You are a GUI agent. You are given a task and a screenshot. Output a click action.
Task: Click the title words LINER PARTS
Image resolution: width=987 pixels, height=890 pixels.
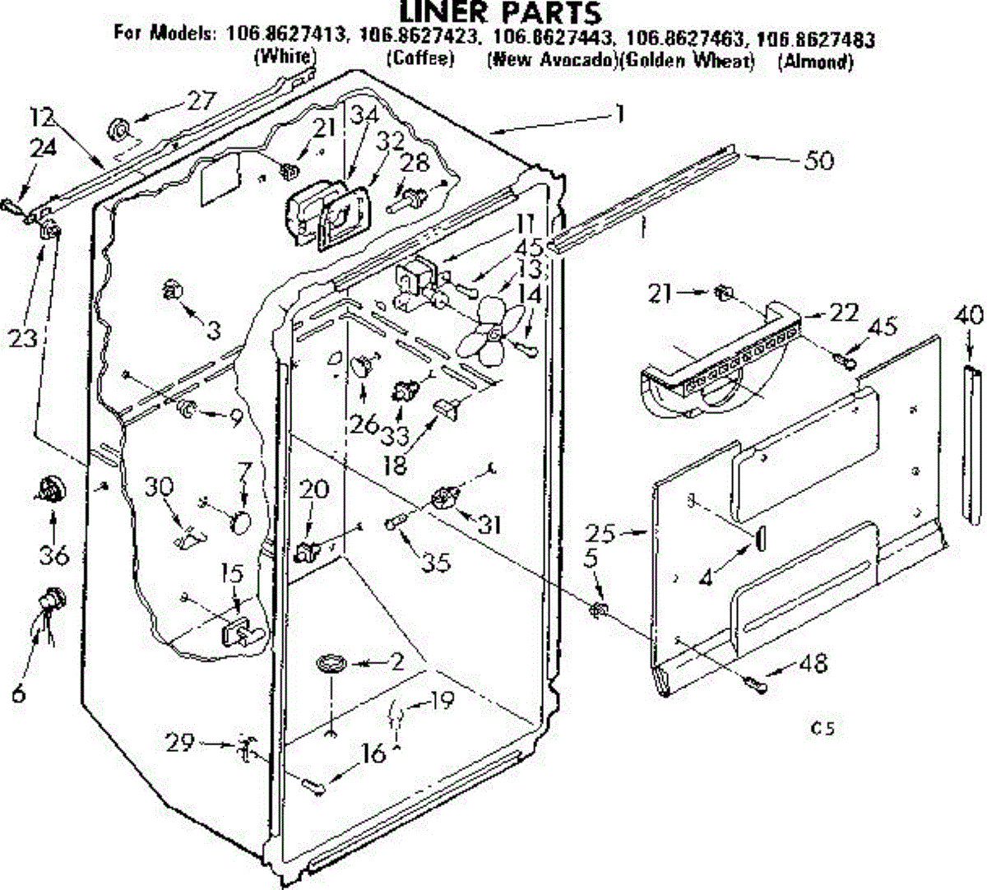point(500,13)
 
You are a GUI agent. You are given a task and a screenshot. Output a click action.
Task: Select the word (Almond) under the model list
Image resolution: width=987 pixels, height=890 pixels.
point(815,61)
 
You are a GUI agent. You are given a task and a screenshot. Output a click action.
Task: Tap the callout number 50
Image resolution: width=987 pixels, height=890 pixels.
point(818,160)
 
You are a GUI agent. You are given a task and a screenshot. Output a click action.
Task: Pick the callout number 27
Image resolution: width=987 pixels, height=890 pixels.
point(200,100)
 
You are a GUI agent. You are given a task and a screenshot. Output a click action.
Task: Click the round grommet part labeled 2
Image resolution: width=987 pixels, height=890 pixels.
point(333,663)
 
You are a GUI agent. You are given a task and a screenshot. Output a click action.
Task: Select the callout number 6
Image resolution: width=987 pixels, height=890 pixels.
point(18,693)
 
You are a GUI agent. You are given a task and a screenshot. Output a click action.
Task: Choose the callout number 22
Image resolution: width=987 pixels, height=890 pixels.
point(843,312)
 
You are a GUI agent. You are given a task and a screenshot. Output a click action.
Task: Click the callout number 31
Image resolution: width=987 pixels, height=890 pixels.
point(489,523)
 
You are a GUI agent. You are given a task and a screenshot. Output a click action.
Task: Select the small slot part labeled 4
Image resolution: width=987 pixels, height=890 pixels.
point(758,537)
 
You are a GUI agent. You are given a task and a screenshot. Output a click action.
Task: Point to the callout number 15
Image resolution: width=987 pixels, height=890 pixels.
point(233,574)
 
